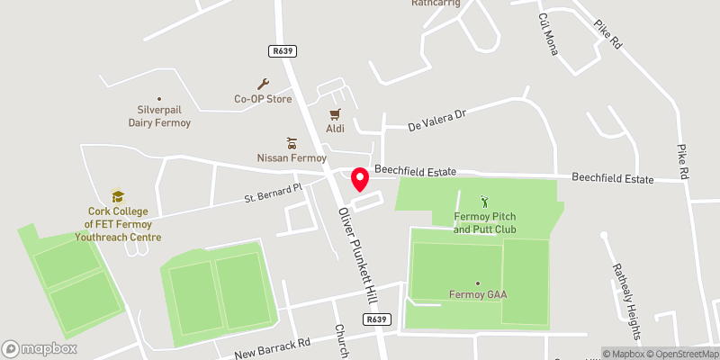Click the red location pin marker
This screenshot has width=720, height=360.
tap(359, 178)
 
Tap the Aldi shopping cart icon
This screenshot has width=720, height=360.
tap(335, 114)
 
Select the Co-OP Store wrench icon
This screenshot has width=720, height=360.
tap(264, 84)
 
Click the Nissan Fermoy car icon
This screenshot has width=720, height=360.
tap(291, 143)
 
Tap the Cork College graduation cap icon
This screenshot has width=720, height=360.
tap(117, 196)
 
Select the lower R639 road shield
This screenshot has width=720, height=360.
tap(377, 319)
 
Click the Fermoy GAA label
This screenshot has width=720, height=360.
tap(477, 293)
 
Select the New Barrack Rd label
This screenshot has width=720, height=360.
tap(272, 347)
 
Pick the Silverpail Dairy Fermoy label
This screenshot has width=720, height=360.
tap(159, 115)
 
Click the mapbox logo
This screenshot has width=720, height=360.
tap(40, 348)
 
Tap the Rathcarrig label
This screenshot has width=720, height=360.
tap(436, 4)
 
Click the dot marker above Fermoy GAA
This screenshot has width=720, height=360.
tap(477, 283)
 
